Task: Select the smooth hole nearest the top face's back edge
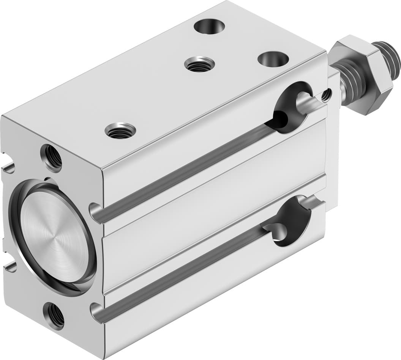tap(209, 26)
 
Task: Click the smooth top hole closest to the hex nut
tap(273, 58)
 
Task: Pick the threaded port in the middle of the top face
tap(200, 64)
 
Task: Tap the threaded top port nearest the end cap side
tap(120, 131)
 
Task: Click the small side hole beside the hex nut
tap(326, 95)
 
